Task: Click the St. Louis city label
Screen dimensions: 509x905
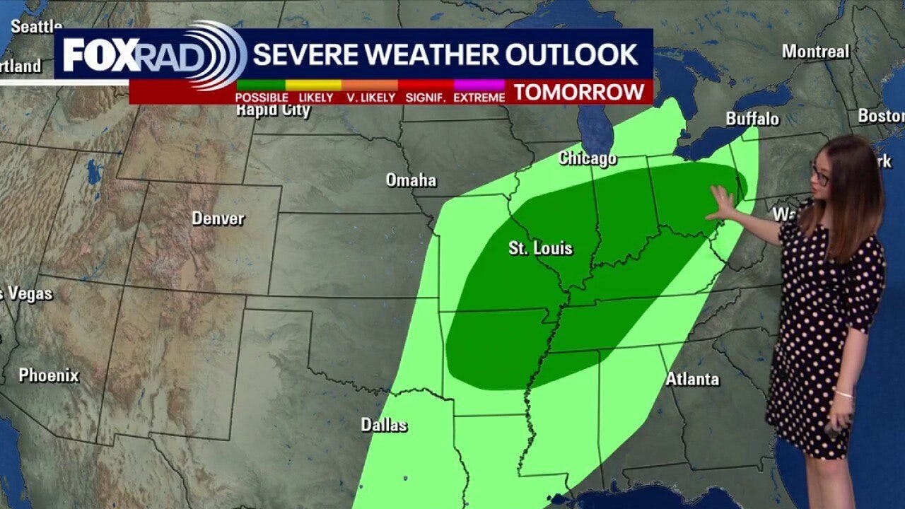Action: coord(540,248)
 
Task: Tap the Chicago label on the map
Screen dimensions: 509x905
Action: coord(587,158)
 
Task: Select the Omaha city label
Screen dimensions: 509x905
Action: coord(411,180)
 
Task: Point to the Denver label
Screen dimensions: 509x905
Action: coord(218,218)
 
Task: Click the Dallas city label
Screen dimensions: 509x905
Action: coord(384,425)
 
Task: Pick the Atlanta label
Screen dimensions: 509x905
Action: coord(692,379)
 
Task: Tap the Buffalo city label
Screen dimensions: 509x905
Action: coord(752,119)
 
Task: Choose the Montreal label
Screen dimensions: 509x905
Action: coord(815,51)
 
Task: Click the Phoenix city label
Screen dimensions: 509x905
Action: coord(49,375)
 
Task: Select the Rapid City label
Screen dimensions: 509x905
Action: coord(273,110)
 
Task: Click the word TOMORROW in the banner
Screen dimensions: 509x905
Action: coord(579,92)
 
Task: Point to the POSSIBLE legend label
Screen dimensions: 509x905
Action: coord(262,98)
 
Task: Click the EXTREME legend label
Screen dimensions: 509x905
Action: coord(479,98)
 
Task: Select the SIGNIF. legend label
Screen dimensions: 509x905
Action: coord(425,98)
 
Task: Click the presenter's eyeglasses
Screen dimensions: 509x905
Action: coord(820,175)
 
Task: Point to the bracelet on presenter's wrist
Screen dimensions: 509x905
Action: coord(843,393)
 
